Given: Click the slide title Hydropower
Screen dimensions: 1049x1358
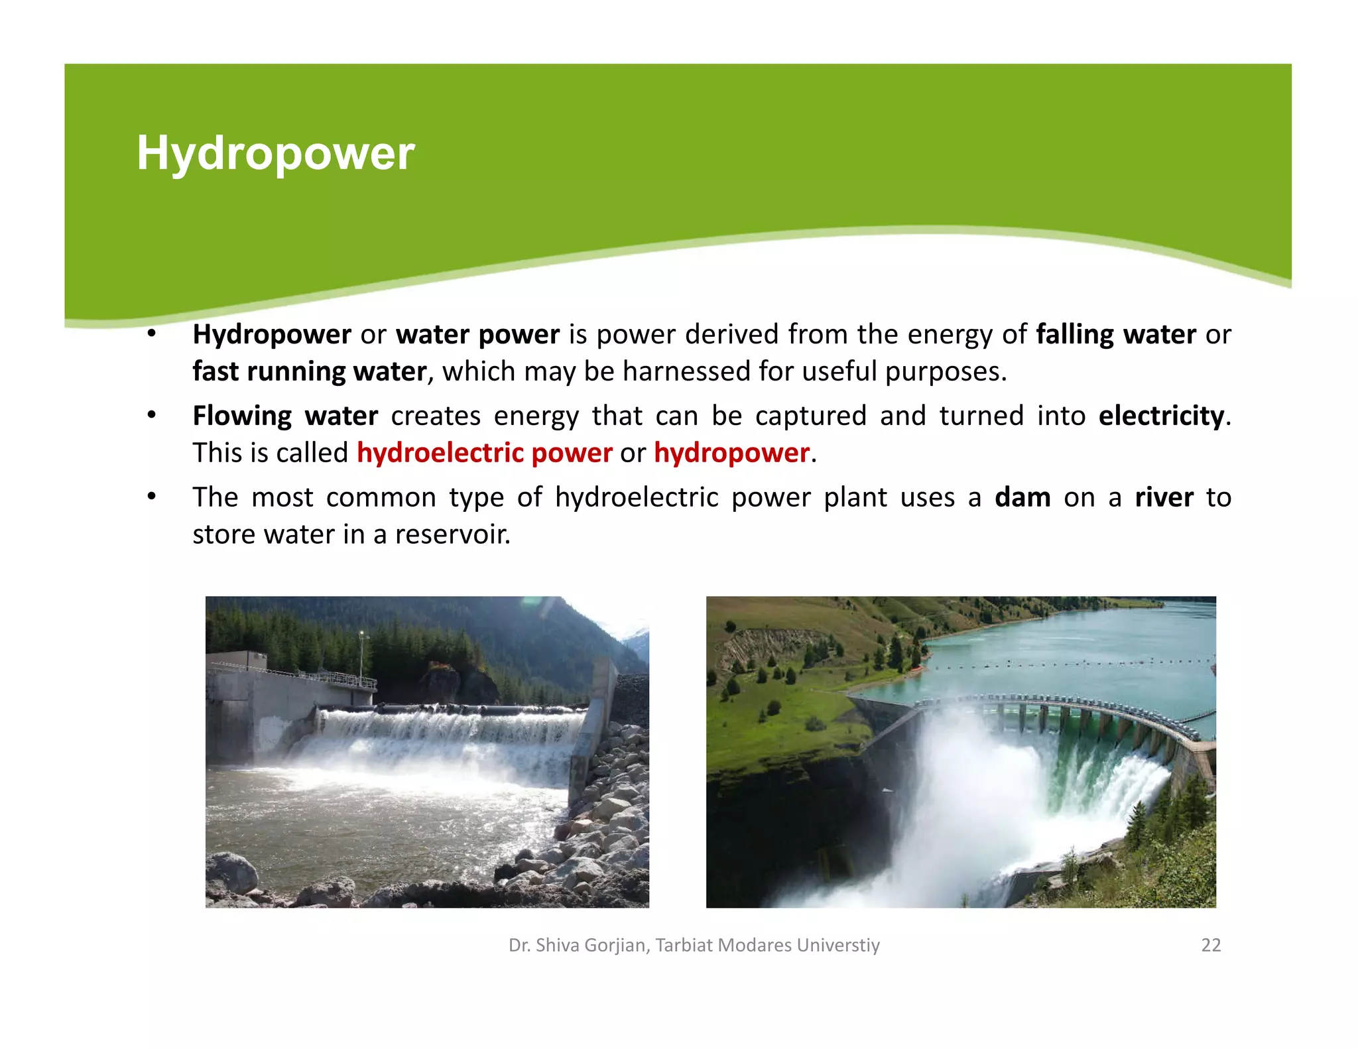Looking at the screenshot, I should point(275,153).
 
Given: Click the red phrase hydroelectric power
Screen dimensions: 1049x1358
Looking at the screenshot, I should point(484,453).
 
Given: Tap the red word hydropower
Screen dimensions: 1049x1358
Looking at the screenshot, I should point(731,453).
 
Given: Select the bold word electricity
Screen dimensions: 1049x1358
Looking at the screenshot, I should point(1161,416).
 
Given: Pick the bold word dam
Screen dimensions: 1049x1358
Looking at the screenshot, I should point(1022,497).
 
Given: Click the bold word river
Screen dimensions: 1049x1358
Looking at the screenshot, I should point(1164,497).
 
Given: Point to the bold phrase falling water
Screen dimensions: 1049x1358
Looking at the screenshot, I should point(1116,334).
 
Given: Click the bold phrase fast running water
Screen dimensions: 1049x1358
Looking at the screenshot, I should point(309,371).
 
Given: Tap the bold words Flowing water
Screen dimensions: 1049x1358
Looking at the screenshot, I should point(285,416).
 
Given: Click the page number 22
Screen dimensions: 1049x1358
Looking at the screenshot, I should point(1211,945).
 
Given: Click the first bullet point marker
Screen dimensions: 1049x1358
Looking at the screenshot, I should point(152,334).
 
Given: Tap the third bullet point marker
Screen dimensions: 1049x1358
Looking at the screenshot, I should point(152,497).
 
